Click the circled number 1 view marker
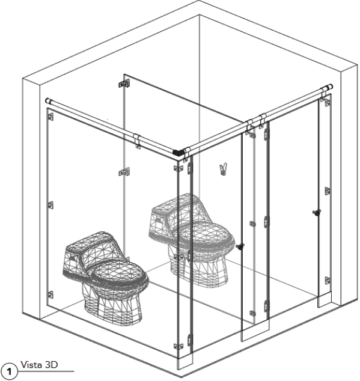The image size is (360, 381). [x=9, y=371]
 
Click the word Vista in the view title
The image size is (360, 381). [x=31, y=365]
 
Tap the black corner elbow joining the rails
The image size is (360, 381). [x=178, y=153]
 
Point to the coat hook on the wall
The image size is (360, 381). [x=223, y=169]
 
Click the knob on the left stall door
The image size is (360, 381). [x=240, y=246]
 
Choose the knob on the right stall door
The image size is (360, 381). [x=317, y=212]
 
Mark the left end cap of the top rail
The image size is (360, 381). [x=48, y=100]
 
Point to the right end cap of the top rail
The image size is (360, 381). [x=330, y=87]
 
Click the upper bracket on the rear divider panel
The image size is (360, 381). [x=124, y=84]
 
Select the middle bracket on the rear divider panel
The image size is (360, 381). [x=124, y=172]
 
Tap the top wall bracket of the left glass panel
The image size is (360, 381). [x=50, y=117]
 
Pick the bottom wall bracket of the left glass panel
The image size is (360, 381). [x=50, y=294]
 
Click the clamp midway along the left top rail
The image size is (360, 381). [x=137, y=141]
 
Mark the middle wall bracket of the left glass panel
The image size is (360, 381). [x=50, y=206]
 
